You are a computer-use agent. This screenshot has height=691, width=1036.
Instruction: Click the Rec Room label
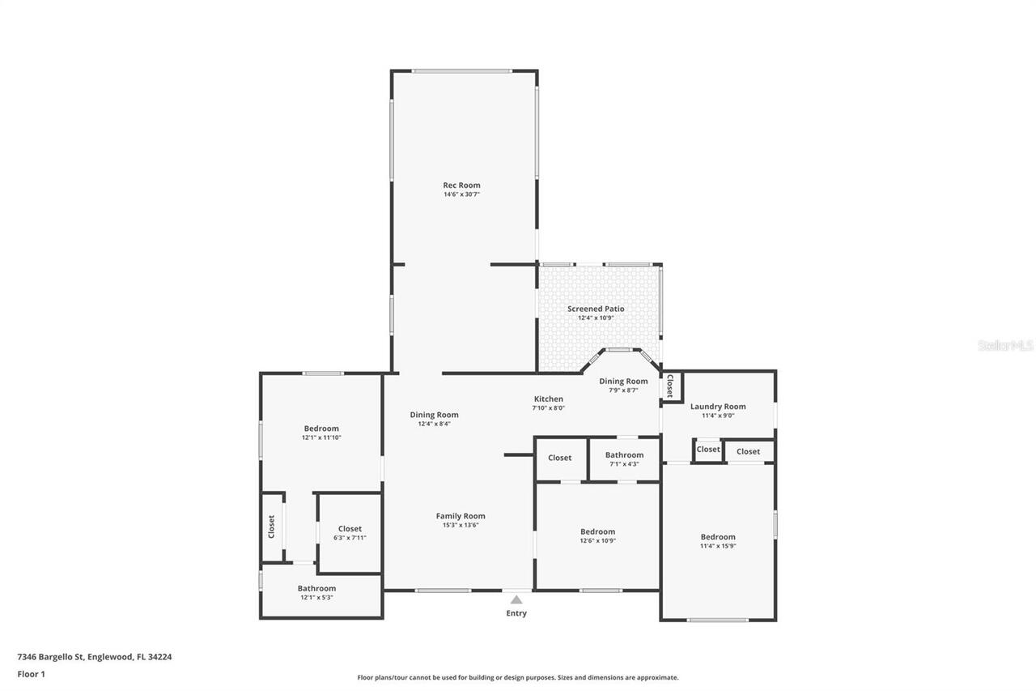461,186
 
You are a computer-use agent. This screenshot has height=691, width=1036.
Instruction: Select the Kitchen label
548,399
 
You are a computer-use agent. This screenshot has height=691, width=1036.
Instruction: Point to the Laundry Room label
718,407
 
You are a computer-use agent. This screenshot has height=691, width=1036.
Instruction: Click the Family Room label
461,516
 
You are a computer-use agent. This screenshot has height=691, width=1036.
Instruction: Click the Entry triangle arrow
516,599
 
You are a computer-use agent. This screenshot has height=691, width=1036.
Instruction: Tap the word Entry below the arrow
516,613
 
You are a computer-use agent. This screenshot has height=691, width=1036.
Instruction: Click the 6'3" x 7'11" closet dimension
350,538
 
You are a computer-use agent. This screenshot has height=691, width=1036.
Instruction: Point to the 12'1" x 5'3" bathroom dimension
316,598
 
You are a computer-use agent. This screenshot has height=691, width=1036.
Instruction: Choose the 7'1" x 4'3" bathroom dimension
624,464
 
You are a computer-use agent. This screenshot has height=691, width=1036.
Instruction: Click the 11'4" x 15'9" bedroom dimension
718,546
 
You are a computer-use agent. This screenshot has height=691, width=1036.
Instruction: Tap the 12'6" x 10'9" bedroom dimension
597,541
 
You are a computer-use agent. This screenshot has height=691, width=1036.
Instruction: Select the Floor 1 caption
31,673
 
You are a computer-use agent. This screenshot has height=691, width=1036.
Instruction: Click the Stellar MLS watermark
1005,346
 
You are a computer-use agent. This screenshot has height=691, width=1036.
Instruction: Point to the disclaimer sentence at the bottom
518,677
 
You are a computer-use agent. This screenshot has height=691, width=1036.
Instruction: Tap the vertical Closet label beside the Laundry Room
670,387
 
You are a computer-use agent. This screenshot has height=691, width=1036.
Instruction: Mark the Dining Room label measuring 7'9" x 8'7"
623,381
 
